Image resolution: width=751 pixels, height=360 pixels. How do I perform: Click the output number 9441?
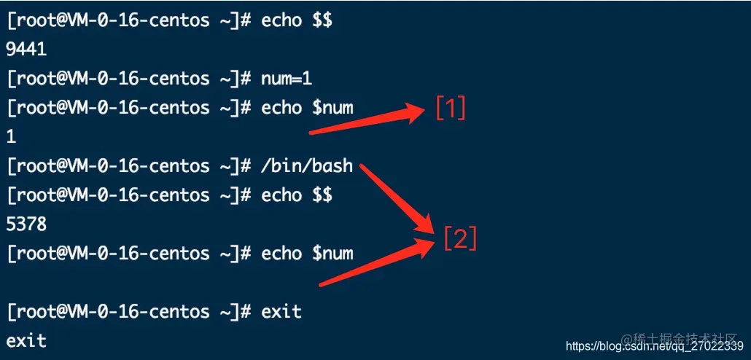coord(26,50)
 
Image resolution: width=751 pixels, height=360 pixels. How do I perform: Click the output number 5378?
coord(26,224)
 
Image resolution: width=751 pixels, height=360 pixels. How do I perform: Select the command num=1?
coord(287,79)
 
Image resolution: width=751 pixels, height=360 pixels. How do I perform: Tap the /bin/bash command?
coord(306,166)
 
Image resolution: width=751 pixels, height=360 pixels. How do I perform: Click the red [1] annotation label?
coord(450,109)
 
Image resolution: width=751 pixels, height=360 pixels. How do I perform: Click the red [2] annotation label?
coord(460,238)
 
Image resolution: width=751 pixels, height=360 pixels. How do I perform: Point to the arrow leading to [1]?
coord(368,121)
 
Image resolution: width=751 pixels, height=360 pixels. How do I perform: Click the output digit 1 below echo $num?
coord(11,137)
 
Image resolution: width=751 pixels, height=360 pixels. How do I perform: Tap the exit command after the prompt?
coord(281,312)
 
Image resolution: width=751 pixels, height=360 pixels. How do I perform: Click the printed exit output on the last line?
coord(26,340)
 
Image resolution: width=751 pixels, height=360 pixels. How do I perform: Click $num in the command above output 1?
coord(332,108)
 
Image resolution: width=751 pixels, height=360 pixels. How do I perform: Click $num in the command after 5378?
coord(332,254)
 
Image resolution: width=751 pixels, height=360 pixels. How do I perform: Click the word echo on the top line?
coord(281,20)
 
